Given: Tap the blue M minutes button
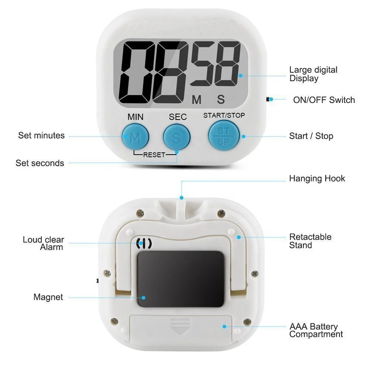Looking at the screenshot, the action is [135, 137].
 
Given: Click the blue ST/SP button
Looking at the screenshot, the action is [223, 135].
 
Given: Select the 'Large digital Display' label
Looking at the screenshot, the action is [313, 74].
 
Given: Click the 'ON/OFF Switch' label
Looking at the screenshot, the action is [324, 100].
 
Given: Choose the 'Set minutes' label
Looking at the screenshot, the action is [41, 135].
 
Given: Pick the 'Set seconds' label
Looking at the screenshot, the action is [40, 163].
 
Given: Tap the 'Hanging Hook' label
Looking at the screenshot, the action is [317, 179].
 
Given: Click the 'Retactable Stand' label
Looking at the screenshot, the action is [310, 241].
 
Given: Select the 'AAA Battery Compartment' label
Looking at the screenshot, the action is [315, 330].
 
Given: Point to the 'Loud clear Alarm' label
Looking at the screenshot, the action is [44, 244].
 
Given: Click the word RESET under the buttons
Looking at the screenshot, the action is [154, 155].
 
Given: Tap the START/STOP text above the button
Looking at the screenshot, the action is [224, 115].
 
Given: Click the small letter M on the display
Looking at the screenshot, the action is [197, 100].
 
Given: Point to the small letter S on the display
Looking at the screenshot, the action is [221, 100].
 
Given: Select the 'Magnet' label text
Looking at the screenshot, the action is [48, 297].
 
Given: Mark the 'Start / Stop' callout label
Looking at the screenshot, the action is [311, 136].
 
